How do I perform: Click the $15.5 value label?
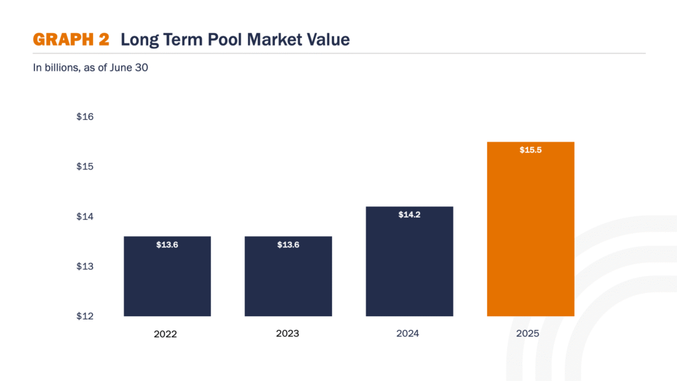point(530,150)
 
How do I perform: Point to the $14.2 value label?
point(409,215)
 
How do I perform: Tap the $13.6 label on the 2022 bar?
point(167,245)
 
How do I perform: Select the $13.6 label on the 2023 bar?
point(288,245)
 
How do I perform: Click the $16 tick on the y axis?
point(85,117)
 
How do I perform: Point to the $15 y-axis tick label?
point(85,167)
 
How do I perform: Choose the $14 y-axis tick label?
point(85,217)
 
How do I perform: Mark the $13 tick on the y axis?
point(85,267)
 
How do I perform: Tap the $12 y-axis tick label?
point(85,316)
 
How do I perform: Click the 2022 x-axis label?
point(165,334)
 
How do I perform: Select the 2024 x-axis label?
point(407,333)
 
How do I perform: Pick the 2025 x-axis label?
point(528,333)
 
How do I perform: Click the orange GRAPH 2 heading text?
point(71,40)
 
